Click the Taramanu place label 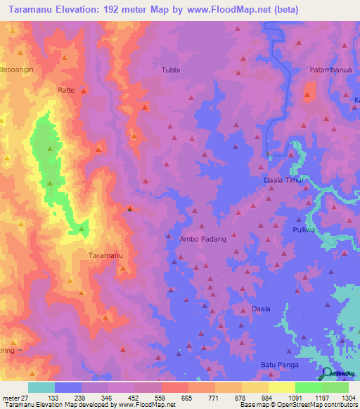coord(105,255)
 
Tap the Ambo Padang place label coord(204,239)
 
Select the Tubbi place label coord(171,70)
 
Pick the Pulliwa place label coord(305,230)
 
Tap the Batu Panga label coord(280,365)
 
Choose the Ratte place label coord(66,91)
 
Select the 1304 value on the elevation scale coord(346,398)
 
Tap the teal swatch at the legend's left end coord(41,387)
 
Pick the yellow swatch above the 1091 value coord(281,387)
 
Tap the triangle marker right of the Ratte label coord(83,91)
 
